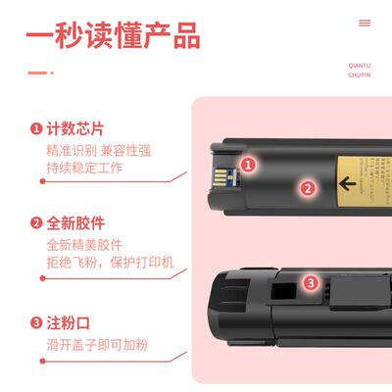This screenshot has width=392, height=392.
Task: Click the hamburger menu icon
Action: point(365,23)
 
